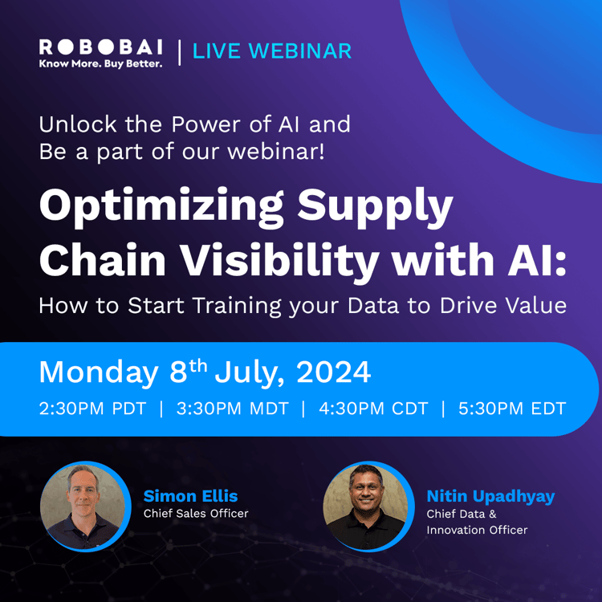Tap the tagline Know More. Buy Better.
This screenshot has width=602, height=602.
pos(100,63)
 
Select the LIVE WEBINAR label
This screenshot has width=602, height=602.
pos(273,51)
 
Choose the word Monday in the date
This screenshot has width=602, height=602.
pos(99,372)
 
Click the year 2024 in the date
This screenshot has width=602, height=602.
pos(333,372)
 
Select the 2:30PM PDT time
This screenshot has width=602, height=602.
pos(93,409)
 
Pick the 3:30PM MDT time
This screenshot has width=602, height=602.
pos(232,409)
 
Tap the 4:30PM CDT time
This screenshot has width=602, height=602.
pos(373,409)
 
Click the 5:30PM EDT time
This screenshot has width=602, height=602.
pos(512,409)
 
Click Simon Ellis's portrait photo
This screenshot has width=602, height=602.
pos(84,506)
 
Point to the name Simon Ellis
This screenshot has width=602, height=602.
pos(191,496)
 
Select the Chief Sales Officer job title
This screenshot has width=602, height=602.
pos(196,514)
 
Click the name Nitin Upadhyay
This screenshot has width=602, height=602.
pos(490,496)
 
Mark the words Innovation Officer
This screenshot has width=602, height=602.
pos(477,530)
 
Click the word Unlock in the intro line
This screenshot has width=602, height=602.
pos(76,125)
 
